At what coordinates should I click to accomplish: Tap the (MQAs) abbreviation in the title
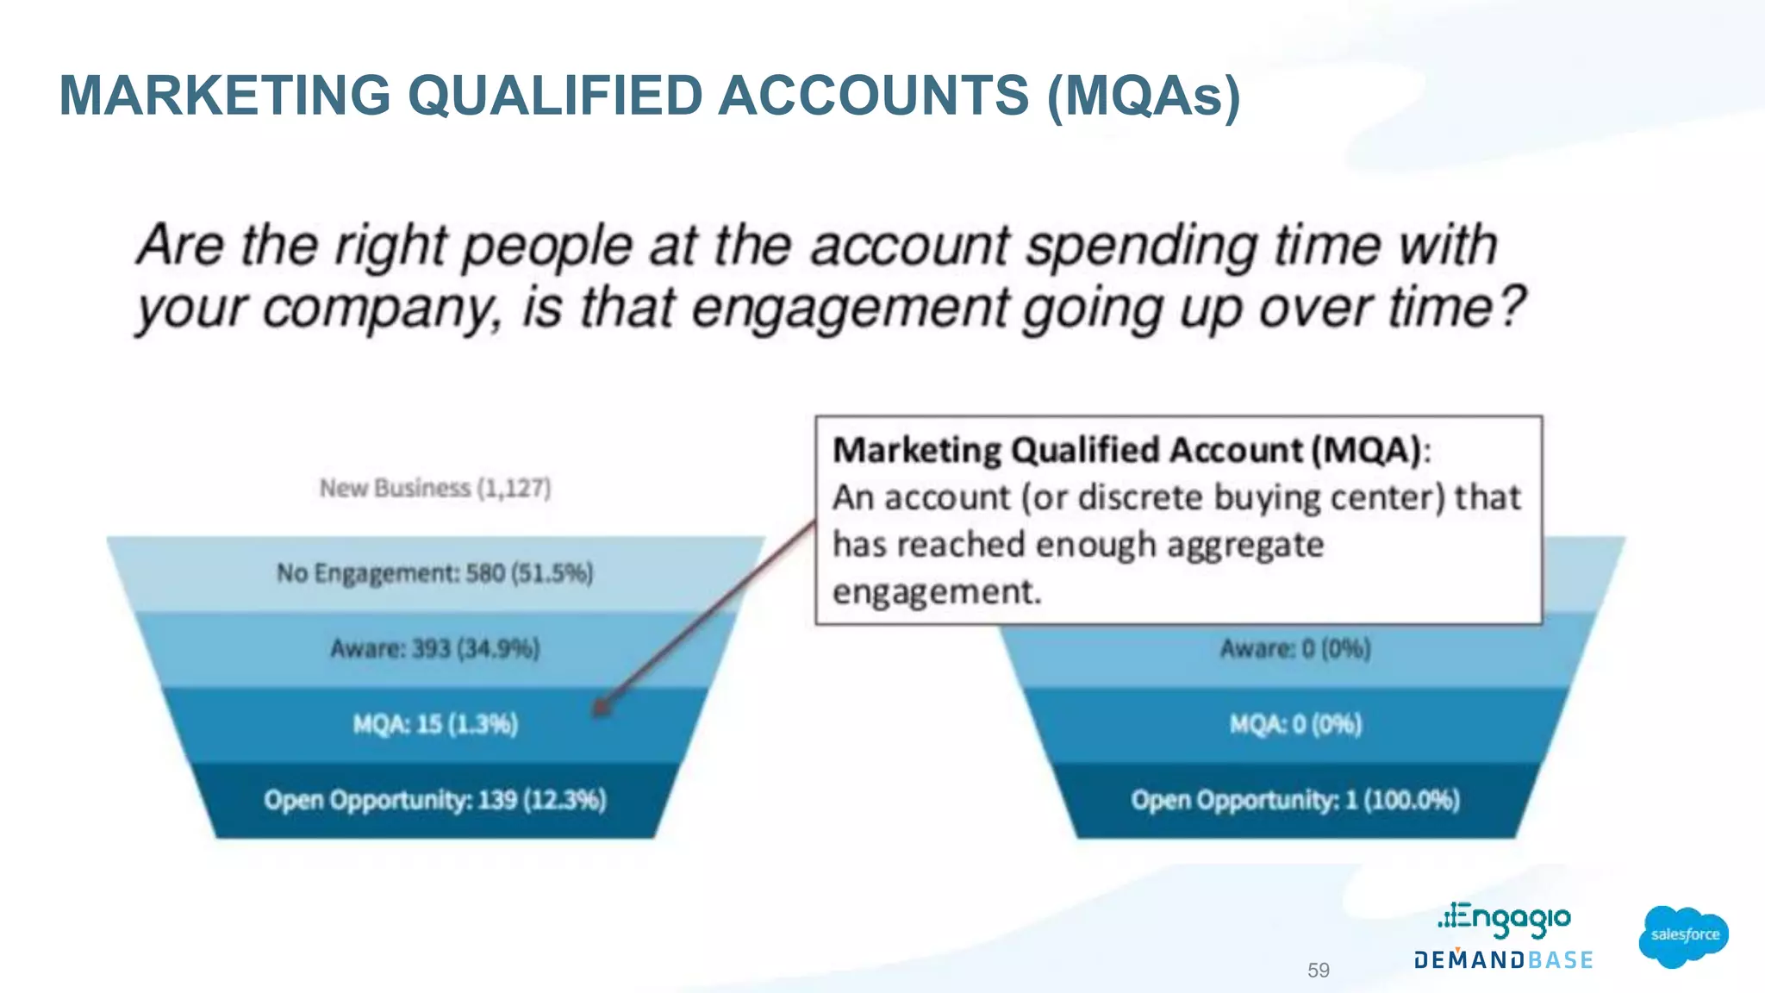pyautogui.click(x=1144, y=97)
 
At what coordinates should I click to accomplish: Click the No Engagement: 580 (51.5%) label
pyautogui.click(x=434, y=573)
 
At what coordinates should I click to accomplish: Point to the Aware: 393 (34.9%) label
pyautogui.click(x=434, y=648)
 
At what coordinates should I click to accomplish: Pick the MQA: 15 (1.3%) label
pyautogui.click(x=434, y=724)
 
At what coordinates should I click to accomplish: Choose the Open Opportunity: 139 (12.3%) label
pyautogui.click(x=434, y=800)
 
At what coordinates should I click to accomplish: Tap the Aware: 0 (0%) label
pyautogui.click(x=1294, y=648)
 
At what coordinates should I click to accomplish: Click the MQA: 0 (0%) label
pyautogui.click(x=1294, y=724)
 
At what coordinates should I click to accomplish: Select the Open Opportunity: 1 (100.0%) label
pyautogui.click(x=1294, y=800)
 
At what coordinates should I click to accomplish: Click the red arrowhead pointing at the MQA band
pyautogui.click(x=602, y=707)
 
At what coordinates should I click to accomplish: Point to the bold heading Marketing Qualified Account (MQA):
pyautogui.click(x=1131, y=450)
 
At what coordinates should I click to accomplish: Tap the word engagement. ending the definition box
pyautogui.click(x=937, y=592)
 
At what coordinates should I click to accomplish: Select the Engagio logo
pyautogui.click(x=1504, y=920)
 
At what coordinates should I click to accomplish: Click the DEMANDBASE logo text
pyautogui.click(x=1503, y=959)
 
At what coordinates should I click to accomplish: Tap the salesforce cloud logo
pyautogui.click(x=1684, y=935)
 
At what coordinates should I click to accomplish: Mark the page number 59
pyautogui.click(x=1318, y=970)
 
